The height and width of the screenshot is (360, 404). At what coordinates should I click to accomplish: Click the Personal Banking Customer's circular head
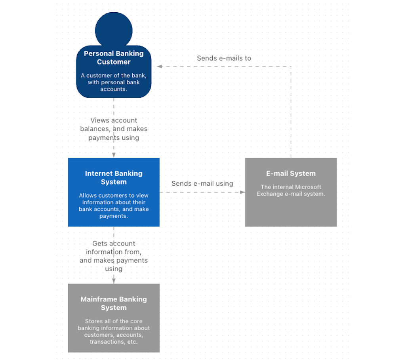(x=114, y=30)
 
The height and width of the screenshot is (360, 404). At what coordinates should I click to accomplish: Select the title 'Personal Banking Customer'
(x=114, y=57)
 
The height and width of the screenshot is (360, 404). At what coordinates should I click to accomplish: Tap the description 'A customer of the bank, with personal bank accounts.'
(x=114, y=82)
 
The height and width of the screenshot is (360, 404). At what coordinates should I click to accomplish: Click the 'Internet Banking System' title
(x=114, y=177)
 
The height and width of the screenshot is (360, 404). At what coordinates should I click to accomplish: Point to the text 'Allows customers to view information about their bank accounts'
(x=114, y=202)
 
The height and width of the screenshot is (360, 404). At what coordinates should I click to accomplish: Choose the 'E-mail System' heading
(x=291, y=173)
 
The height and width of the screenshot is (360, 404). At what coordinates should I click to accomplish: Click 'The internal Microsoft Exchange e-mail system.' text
(x=291, y=190)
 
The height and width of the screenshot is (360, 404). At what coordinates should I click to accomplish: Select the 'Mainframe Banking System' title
(x=114, y=303)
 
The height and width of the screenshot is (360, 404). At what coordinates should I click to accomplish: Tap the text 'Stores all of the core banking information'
(x=114, y=325)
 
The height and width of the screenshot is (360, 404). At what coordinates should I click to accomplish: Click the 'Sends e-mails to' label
(x=224, y=58)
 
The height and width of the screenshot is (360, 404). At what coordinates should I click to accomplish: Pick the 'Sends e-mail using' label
(x=202, y=183)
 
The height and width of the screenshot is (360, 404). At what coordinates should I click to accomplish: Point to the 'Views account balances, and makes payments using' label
(x=114, y=129)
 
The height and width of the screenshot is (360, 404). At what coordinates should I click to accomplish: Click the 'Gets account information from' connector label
(x=114, y=248)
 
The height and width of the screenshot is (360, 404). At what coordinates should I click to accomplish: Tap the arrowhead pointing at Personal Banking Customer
(x=159, y=67)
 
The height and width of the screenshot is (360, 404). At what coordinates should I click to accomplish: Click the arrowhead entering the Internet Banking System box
(x=114, y=155)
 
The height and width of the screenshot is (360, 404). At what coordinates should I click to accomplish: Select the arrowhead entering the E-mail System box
(x=242, y=192)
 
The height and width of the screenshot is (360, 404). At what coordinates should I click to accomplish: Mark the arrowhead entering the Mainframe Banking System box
(x=114, y=281)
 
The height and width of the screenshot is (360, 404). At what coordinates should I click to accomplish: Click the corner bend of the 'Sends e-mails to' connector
(x=291, y=67)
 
